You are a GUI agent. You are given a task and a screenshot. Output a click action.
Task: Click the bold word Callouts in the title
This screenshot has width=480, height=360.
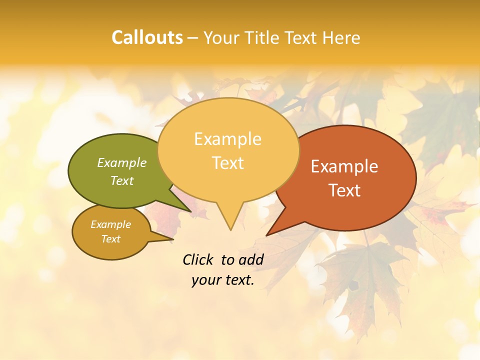[147, 37]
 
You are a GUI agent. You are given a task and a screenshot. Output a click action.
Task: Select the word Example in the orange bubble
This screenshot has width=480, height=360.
[344, 166]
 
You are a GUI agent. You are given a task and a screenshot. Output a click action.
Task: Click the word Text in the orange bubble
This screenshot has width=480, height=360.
[344, 190]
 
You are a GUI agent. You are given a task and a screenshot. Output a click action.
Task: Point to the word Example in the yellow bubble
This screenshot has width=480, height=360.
[227, 139]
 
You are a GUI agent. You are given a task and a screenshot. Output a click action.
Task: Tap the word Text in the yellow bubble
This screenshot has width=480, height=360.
[227, 163]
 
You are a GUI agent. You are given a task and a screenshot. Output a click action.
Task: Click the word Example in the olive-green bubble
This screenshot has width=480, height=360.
[122, 162]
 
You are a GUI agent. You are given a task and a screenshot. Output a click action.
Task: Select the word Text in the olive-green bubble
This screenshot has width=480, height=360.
[122, 180]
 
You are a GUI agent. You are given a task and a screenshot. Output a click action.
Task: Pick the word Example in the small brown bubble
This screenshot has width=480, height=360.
[110, 224]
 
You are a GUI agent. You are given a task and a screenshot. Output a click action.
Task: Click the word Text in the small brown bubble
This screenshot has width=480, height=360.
[110, 239]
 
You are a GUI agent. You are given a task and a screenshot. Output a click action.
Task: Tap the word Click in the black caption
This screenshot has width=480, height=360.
[198, 259]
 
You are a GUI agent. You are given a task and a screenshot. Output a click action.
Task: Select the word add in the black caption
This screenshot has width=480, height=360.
[250, 259]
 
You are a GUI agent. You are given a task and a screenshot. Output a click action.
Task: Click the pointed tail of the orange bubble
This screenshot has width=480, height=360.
[272, 230]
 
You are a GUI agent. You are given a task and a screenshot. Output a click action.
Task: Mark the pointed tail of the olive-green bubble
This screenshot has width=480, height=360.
[185, 207]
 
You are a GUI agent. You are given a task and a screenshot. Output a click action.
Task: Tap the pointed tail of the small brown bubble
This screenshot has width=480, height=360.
[167, 239]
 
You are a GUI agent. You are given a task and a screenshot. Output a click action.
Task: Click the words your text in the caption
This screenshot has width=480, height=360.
[223, 280]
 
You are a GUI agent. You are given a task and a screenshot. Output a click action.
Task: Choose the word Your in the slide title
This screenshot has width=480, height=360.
[222, 37]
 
